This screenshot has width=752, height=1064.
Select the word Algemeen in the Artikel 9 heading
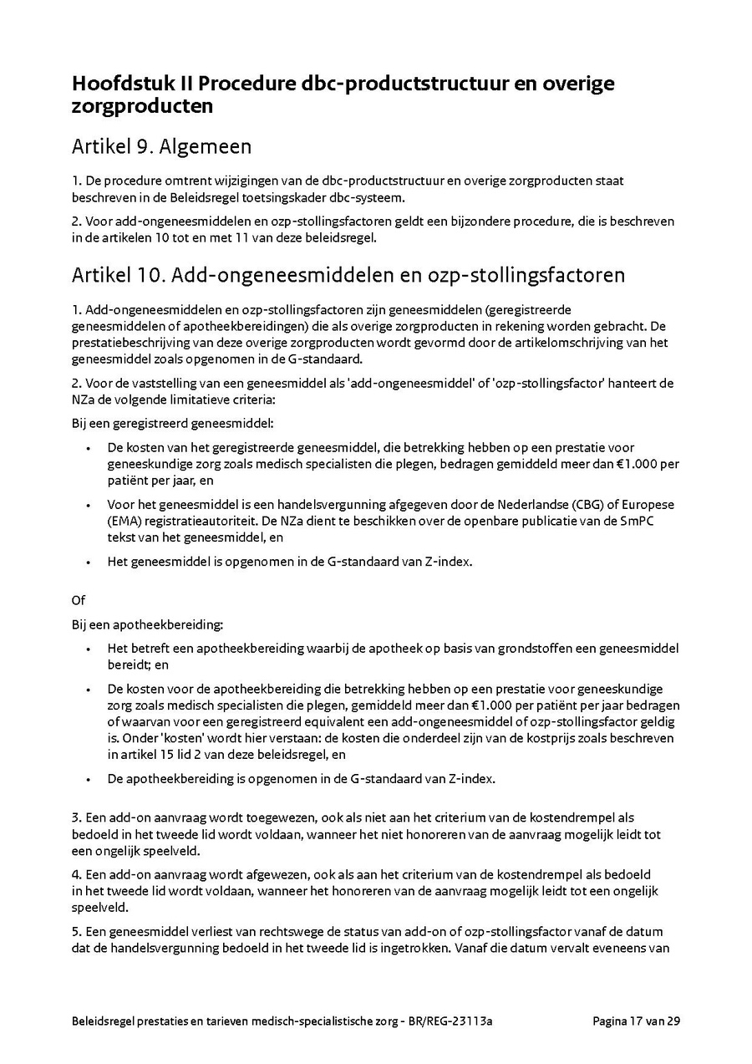[206, 147]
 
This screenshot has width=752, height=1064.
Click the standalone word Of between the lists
[79, 600]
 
